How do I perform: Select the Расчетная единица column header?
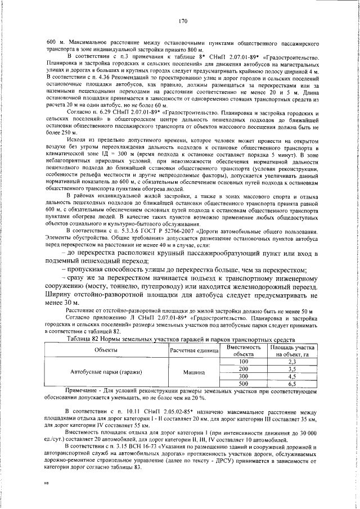193,350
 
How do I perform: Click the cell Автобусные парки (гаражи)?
105,372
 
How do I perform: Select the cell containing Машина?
193,372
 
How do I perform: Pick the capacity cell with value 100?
244,361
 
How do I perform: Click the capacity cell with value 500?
244,382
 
